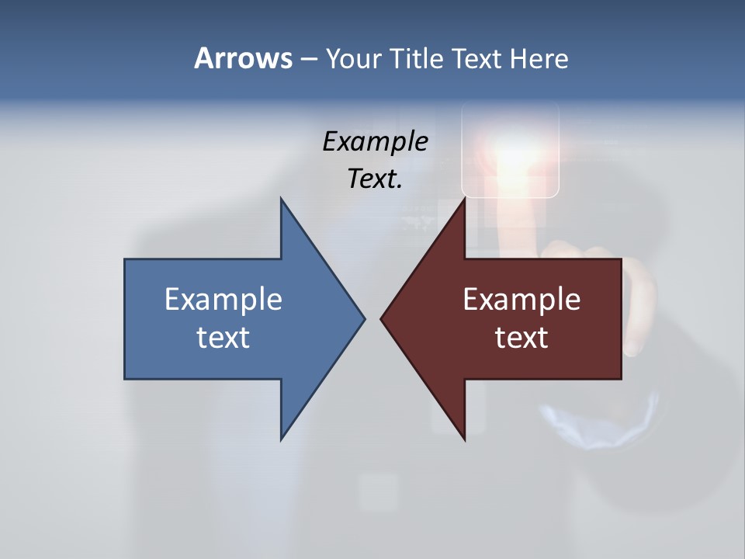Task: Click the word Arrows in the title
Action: pyautogui.click(x=243, y=58)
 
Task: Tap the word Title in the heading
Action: pyautogui.click(x=417, y=58)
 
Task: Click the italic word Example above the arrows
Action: pyautogui.click(x=375, y=141)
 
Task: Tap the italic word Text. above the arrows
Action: pyautogui.click(x=375, y=179)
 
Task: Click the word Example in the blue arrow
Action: pyautogui.click(x=223, y=299)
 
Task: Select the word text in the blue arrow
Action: pyautogui.click(x=223, y=338)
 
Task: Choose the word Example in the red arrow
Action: pyautogui.click(x=521, y=299)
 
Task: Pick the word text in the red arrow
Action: pyautogui.click(x=521, y=338)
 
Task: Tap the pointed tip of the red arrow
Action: pyautogui.click(x=382, y=318)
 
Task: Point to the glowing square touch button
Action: pyautogui.click(x=510, y=151)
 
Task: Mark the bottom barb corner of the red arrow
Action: pyautogui.click(x=464, y=439)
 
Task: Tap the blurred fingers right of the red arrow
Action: pyautogui.click(x=640, y=303)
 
